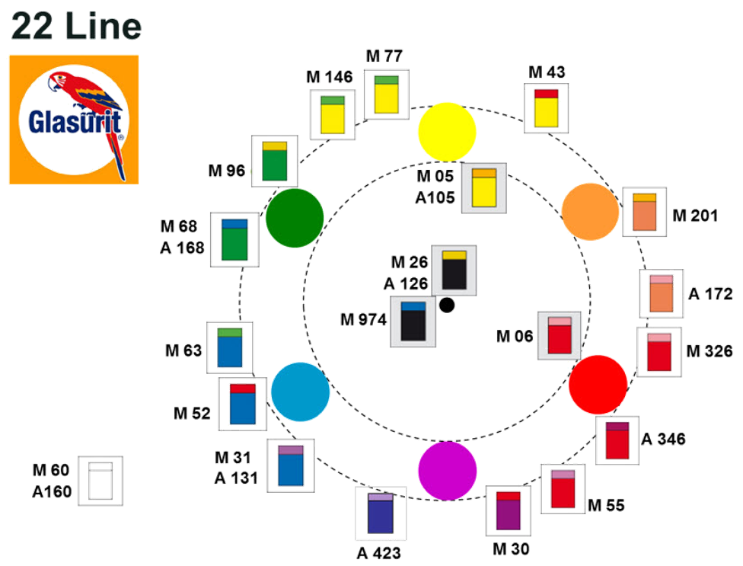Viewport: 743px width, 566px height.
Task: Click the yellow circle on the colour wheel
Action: point(447,132)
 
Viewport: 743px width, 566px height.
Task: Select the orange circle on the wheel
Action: point(590,212)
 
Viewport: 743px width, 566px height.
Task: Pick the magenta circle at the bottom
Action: point(447,471)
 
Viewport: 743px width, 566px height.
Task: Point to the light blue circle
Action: point(301,392)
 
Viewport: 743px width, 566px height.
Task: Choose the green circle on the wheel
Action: point(295,218)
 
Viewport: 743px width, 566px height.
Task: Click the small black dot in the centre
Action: point(448,305)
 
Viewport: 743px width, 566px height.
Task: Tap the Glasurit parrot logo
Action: point(74,120)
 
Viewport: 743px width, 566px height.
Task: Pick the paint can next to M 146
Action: point(333,115)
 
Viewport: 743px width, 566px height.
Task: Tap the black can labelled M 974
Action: point(413,321)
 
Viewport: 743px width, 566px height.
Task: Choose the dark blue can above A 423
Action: point(381,514)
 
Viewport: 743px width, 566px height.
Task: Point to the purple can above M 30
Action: point(509,510)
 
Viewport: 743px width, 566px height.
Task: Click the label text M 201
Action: point(695,216)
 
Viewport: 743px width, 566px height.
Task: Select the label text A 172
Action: point(710,293)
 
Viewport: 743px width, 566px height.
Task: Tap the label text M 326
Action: point(708,351)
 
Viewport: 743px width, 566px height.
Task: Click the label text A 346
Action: point(663,440)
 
